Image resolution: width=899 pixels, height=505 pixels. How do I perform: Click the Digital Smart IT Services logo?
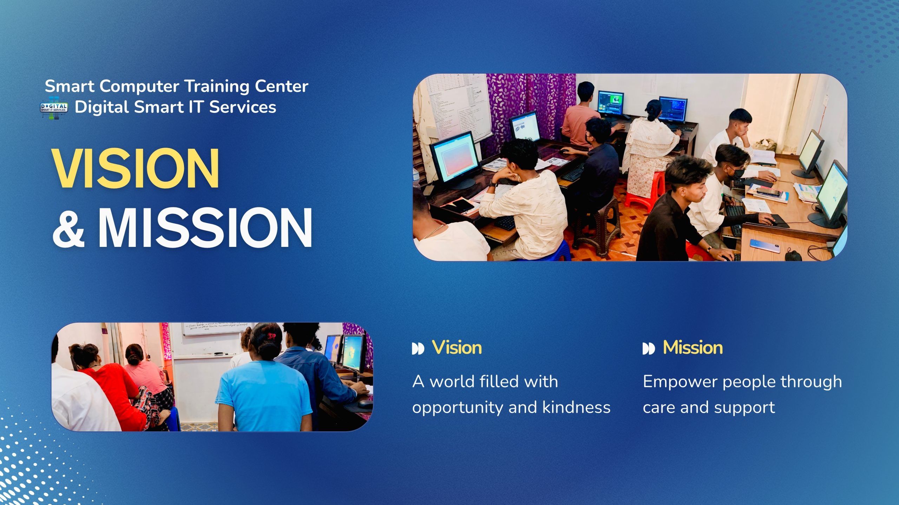[54, 108]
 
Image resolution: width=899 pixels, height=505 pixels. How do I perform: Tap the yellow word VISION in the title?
[136, 168]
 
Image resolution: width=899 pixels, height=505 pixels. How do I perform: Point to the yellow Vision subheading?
[457, 348]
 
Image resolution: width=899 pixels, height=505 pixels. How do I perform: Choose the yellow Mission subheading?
[693, 348]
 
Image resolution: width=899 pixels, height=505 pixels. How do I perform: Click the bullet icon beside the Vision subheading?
[418, 349]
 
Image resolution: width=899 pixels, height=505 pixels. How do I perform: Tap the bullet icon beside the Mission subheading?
[648, 349]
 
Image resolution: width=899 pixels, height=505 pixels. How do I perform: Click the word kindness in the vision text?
[576, 408]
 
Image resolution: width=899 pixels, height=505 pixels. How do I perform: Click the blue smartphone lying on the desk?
[765, 245]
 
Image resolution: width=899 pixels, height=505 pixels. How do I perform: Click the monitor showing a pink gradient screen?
[455, 158]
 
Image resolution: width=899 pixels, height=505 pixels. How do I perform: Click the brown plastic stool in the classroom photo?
[597, 224]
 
